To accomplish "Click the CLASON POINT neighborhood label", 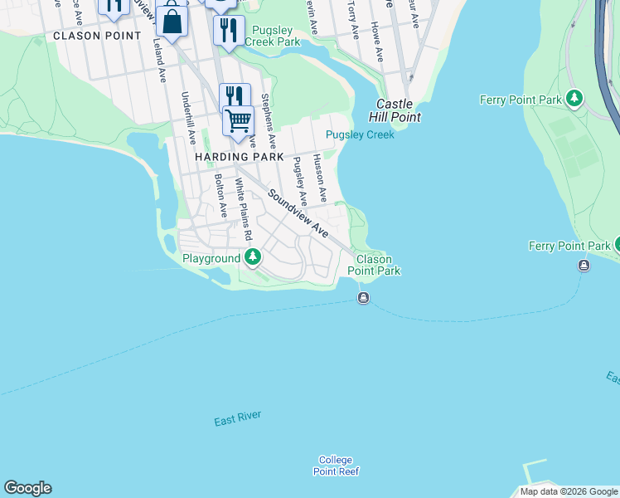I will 97,36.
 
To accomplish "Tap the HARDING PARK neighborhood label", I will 240,157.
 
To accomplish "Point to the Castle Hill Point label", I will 399,110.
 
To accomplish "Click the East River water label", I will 237,419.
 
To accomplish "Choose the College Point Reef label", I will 336,466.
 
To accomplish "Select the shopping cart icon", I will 238,120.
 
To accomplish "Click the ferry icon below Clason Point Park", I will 363,298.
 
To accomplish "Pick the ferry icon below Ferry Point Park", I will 584,266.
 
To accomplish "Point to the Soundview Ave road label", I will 298,212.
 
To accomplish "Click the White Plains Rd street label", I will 243,211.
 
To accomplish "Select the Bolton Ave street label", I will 220,196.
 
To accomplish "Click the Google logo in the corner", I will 27,488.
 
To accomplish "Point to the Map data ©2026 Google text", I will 569,491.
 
